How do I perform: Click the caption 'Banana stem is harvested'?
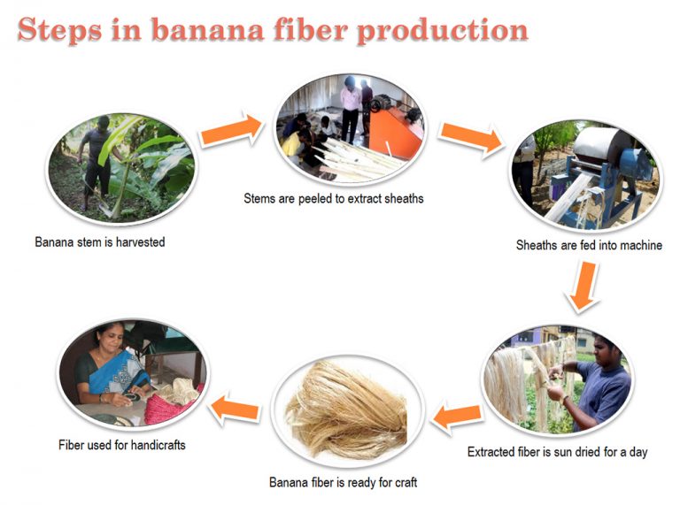point(100,241)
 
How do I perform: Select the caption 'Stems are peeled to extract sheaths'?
point(334,198)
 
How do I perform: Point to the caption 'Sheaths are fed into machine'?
point(589,245)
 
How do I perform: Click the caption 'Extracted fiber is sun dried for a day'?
point(557,452)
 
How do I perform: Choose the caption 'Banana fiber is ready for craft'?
point(343,482)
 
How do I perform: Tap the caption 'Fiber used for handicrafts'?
point(122,445)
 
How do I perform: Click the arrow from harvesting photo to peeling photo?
point(231,130)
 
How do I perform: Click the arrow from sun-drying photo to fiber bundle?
point(457,413)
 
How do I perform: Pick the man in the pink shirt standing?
point(351,107)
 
